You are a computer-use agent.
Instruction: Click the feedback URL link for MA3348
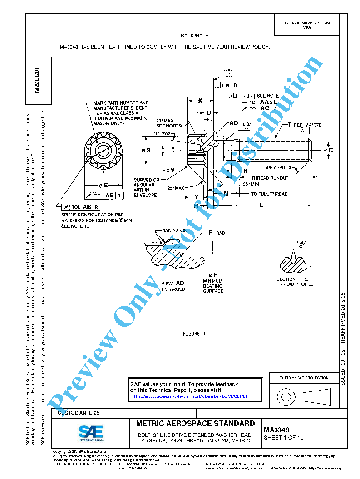coord(188,396)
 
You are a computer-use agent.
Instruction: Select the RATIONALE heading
coord(194,35)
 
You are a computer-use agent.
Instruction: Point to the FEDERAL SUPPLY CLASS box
coord(307,25)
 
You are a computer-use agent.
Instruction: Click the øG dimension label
coord(146,150)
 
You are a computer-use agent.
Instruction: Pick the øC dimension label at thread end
coord(329,150)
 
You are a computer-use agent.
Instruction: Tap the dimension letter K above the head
coord(200,101)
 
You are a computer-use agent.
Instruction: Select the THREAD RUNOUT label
coord(267,178)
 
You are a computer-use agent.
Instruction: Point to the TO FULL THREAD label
coord(269,194)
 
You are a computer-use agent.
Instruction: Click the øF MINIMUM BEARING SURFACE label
coord(213,283)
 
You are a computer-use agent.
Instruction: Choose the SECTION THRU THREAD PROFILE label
coord(295,282)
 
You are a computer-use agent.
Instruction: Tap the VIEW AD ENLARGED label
coord(173,286)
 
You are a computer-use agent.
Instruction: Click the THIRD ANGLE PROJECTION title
coord(304,378)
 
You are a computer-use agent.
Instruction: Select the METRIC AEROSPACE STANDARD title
coord(196,423)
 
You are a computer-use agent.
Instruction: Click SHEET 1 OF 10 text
coord(284,438)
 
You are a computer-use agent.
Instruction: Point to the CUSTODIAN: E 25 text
coord(76,413)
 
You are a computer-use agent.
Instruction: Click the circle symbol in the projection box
coord(286,397)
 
